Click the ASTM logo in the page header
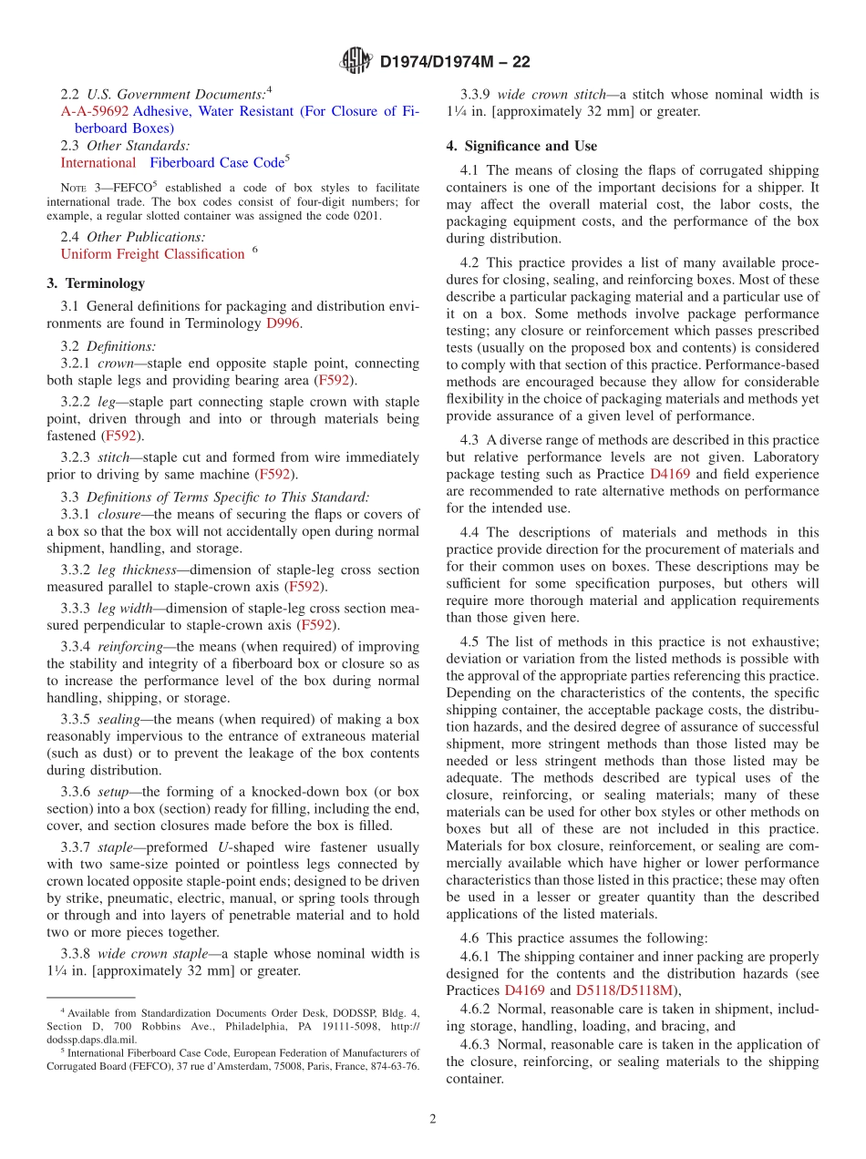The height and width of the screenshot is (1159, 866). coord(356,62)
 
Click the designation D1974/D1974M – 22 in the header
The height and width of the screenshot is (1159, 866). coord(454,62)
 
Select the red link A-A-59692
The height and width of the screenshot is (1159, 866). coord(95,111)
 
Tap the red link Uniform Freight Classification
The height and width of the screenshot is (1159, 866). coord(152,254)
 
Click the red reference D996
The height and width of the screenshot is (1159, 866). coord(282,323)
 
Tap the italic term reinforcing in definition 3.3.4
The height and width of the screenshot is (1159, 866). coord(130,646)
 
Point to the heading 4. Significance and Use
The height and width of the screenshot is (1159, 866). coord(521,146)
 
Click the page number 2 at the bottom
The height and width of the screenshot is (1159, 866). coord(433,1119)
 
